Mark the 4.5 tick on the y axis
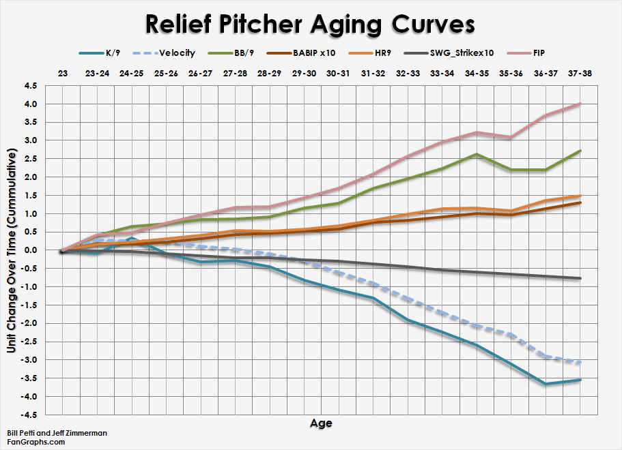[31, 86]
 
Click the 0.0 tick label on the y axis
[31, 250]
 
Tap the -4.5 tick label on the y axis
[29, 415]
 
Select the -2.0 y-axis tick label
[29, 323]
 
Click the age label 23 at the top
[63, 72]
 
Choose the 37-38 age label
[580, 72]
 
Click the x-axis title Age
[321, 423]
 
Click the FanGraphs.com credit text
[36, 442]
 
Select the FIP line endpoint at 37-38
[580, 104]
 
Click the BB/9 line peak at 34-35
[476, 154]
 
